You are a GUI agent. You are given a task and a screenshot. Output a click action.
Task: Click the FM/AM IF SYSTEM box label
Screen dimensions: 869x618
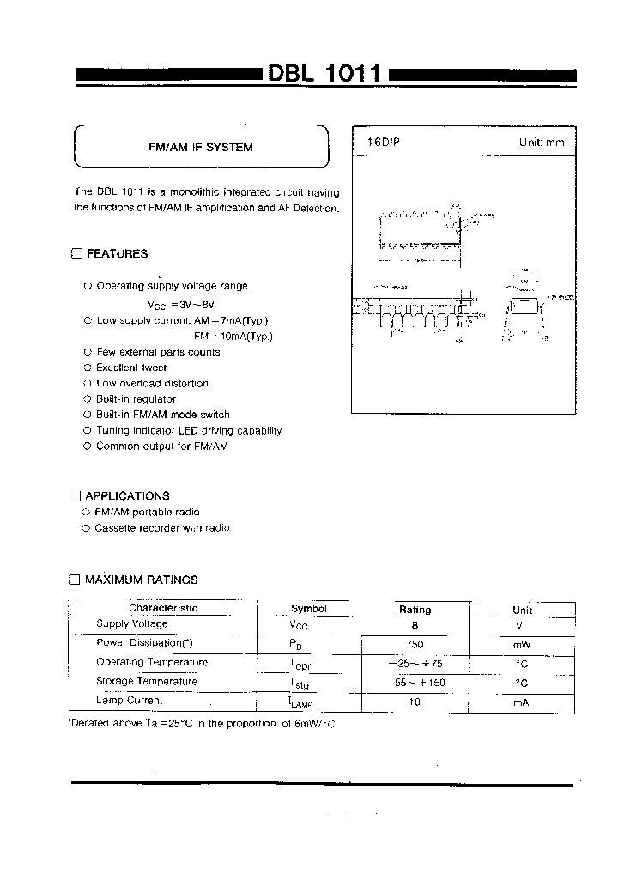(201, 147)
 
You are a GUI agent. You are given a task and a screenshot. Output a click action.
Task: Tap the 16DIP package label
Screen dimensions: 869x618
(372, 141)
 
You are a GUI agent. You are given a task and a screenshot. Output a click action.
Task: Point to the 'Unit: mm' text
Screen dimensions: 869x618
(542, 142)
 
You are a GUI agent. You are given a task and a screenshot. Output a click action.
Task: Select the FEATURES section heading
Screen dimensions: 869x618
(117, 253)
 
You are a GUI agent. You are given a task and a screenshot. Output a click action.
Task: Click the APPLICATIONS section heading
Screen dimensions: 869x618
(127, 495)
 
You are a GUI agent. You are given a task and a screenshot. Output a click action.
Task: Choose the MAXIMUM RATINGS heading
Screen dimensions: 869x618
(141, 580)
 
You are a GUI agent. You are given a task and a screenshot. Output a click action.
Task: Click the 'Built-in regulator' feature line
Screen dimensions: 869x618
(136, 399)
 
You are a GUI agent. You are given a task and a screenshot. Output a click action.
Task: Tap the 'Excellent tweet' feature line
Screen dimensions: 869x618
(131, 368)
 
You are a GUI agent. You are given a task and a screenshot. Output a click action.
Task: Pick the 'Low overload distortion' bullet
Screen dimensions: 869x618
(152, 383)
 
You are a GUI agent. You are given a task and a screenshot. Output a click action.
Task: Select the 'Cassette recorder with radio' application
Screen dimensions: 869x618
(162, 528)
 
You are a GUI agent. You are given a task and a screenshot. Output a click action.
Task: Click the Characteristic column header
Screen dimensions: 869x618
(163, 608)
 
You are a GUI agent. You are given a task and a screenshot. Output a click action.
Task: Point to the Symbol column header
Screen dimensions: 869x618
(309, 609)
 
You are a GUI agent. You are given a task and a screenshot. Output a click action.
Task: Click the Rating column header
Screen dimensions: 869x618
(415, 610)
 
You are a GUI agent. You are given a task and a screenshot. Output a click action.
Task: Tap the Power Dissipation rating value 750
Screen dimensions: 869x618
(415, 644)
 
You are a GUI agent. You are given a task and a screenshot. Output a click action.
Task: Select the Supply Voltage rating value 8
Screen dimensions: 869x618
(415, 626)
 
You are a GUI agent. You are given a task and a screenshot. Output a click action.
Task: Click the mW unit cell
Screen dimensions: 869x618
(522, 645)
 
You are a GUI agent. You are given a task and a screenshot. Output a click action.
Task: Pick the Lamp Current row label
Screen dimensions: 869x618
(129, 701)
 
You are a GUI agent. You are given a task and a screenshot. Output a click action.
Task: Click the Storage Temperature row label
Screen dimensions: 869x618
(147, 681)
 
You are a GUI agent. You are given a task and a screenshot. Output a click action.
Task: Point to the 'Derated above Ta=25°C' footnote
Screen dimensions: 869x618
(202, 725)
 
